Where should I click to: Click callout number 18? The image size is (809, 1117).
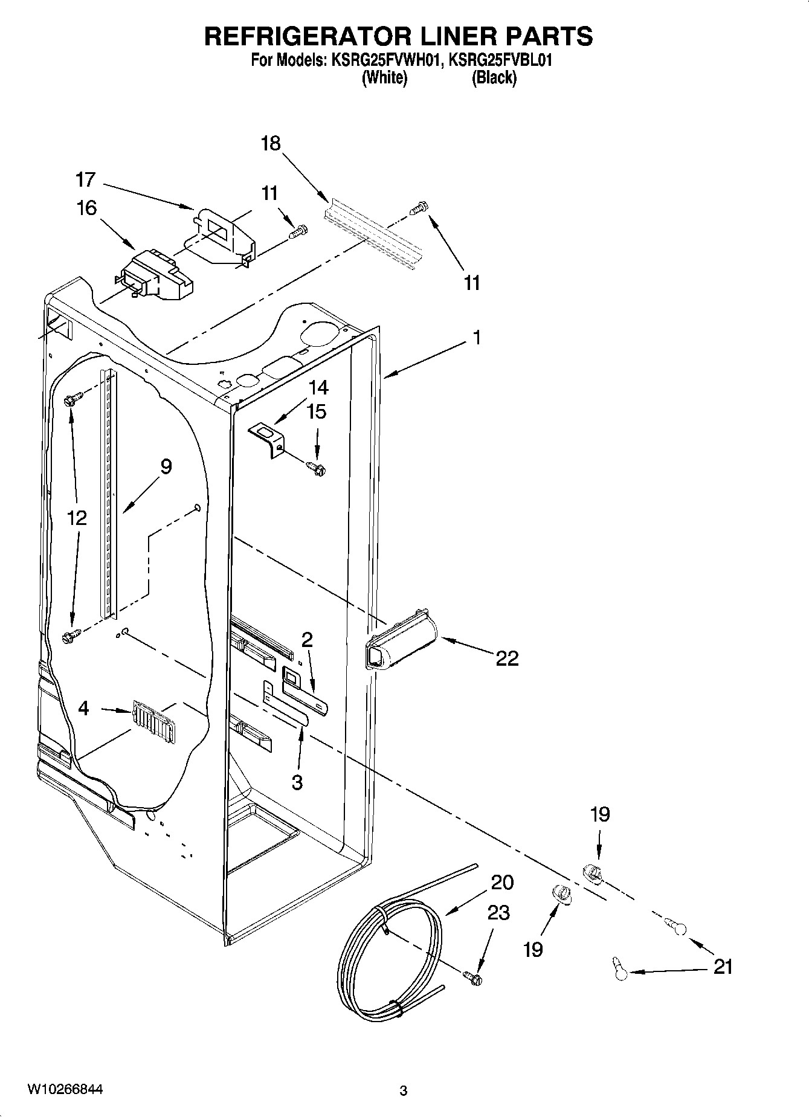pos(271,144)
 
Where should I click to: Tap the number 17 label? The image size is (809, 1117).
pos(86,179)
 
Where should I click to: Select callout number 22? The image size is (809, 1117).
pos(507,658)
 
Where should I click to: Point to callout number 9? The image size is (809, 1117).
pos(166,466)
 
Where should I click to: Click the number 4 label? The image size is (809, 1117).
pos(84,708)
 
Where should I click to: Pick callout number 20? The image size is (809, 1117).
pos(502,883)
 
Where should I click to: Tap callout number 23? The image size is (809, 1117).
pos(498,913)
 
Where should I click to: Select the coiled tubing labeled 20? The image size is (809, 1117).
pos(387,954)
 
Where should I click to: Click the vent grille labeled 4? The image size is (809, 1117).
pos(153,719)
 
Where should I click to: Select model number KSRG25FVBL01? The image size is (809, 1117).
pos(501,60)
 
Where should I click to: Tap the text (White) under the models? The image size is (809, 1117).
pos(384,78)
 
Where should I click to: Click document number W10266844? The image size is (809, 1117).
pos(65,1089)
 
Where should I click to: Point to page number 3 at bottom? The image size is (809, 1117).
pos(404,1090)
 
